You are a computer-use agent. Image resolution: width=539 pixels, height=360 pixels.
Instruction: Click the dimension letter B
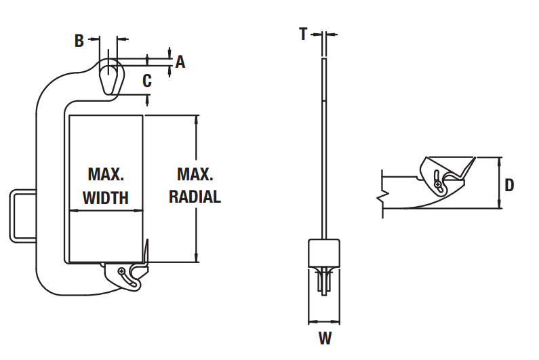79,41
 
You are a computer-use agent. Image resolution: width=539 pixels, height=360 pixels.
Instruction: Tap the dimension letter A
180,62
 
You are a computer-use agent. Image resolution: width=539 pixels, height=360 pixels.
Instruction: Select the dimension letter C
147,81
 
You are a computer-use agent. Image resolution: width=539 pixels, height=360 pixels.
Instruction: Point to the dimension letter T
303,34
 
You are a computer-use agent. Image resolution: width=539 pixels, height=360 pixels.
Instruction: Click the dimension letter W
325,338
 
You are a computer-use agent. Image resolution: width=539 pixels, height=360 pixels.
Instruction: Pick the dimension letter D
509,185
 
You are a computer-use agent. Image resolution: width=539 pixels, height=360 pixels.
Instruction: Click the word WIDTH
106,198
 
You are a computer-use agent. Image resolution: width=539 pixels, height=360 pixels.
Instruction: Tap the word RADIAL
195,197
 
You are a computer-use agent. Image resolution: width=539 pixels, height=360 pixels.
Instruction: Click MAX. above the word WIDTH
106,174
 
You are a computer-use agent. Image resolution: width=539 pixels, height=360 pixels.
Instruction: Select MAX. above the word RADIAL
195,174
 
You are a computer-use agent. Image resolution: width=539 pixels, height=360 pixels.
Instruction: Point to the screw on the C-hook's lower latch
121,271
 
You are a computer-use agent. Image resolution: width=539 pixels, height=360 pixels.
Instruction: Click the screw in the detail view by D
438,184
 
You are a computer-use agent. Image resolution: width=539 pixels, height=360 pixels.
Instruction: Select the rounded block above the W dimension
324,253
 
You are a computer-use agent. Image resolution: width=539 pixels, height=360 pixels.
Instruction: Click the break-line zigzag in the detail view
382,196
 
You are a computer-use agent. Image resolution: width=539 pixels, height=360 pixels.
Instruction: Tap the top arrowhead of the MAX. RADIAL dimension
197,119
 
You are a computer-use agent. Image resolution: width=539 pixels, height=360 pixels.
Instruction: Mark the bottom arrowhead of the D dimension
500,204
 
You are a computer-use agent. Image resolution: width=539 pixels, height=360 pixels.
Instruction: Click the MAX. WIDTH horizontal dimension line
106,210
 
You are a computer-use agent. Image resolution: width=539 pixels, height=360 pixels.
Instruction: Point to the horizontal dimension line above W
324,322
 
